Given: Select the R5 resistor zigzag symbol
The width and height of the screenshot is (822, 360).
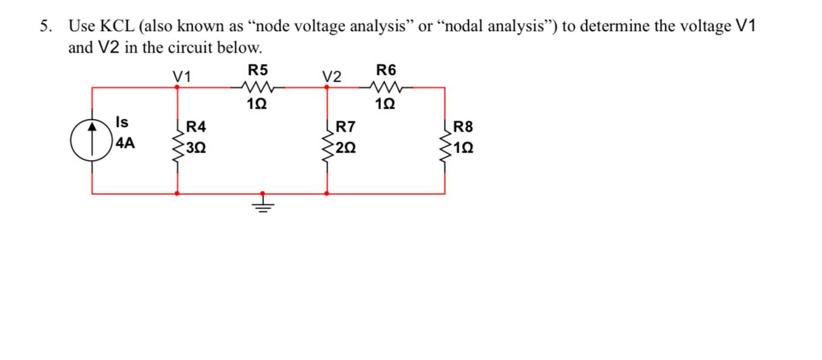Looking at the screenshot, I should click(x=257, y=86).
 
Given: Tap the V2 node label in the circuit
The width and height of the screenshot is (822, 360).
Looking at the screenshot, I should click(x=332, y=76).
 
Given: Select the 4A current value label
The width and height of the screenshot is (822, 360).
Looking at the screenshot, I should click(x=125, y=143).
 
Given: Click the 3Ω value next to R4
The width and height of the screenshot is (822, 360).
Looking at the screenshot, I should click(x=197, y=147).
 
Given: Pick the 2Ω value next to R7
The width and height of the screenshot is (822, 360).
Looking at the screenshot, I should click(x=347, y=147).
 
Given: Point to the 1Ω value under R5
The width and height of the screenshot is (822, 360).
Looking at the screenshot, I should click(x=257, y=105).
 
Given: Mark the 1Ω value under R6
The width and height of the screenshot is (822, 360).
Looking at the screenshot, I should click(x=386, y=105).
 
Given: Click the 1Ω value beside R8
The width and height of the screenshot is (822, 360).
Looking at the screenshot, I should click(x=465, y=147).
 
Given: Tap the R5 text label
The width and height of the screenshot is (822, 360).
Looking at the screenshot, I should click(x=257, y=69).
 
